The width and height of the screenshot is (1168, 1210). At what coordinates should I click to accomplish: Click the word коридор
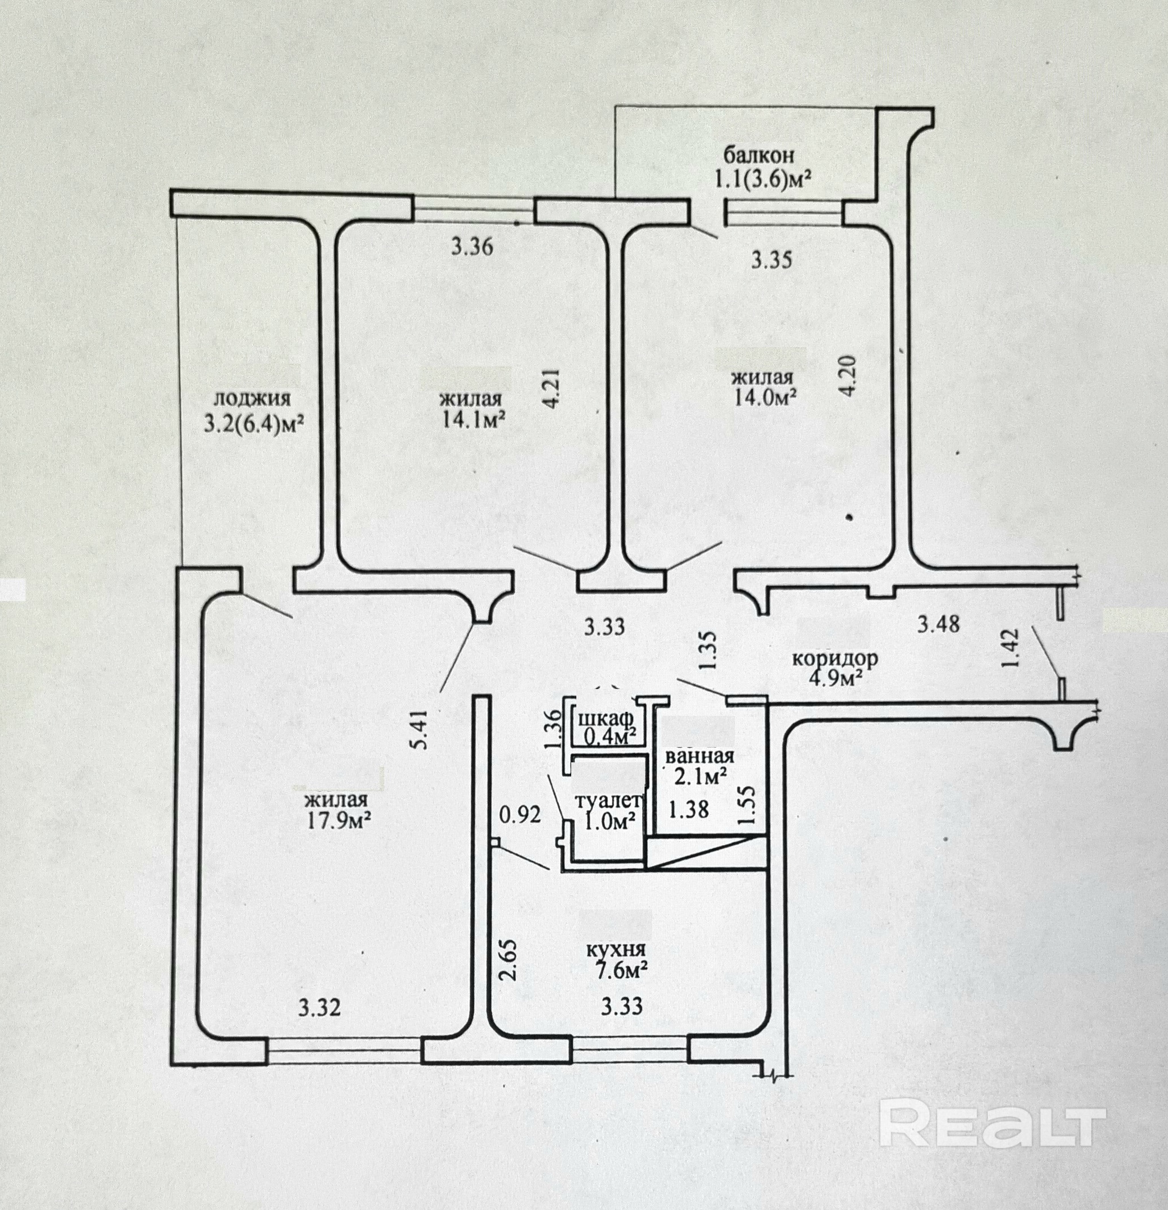coord(834,658)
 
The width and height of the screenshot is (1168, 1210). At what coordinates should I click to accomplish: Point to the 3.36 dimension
coord(472,247)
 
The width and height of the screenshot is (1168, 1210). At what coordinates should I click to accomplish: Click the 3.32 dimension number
coord(319,1008)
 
